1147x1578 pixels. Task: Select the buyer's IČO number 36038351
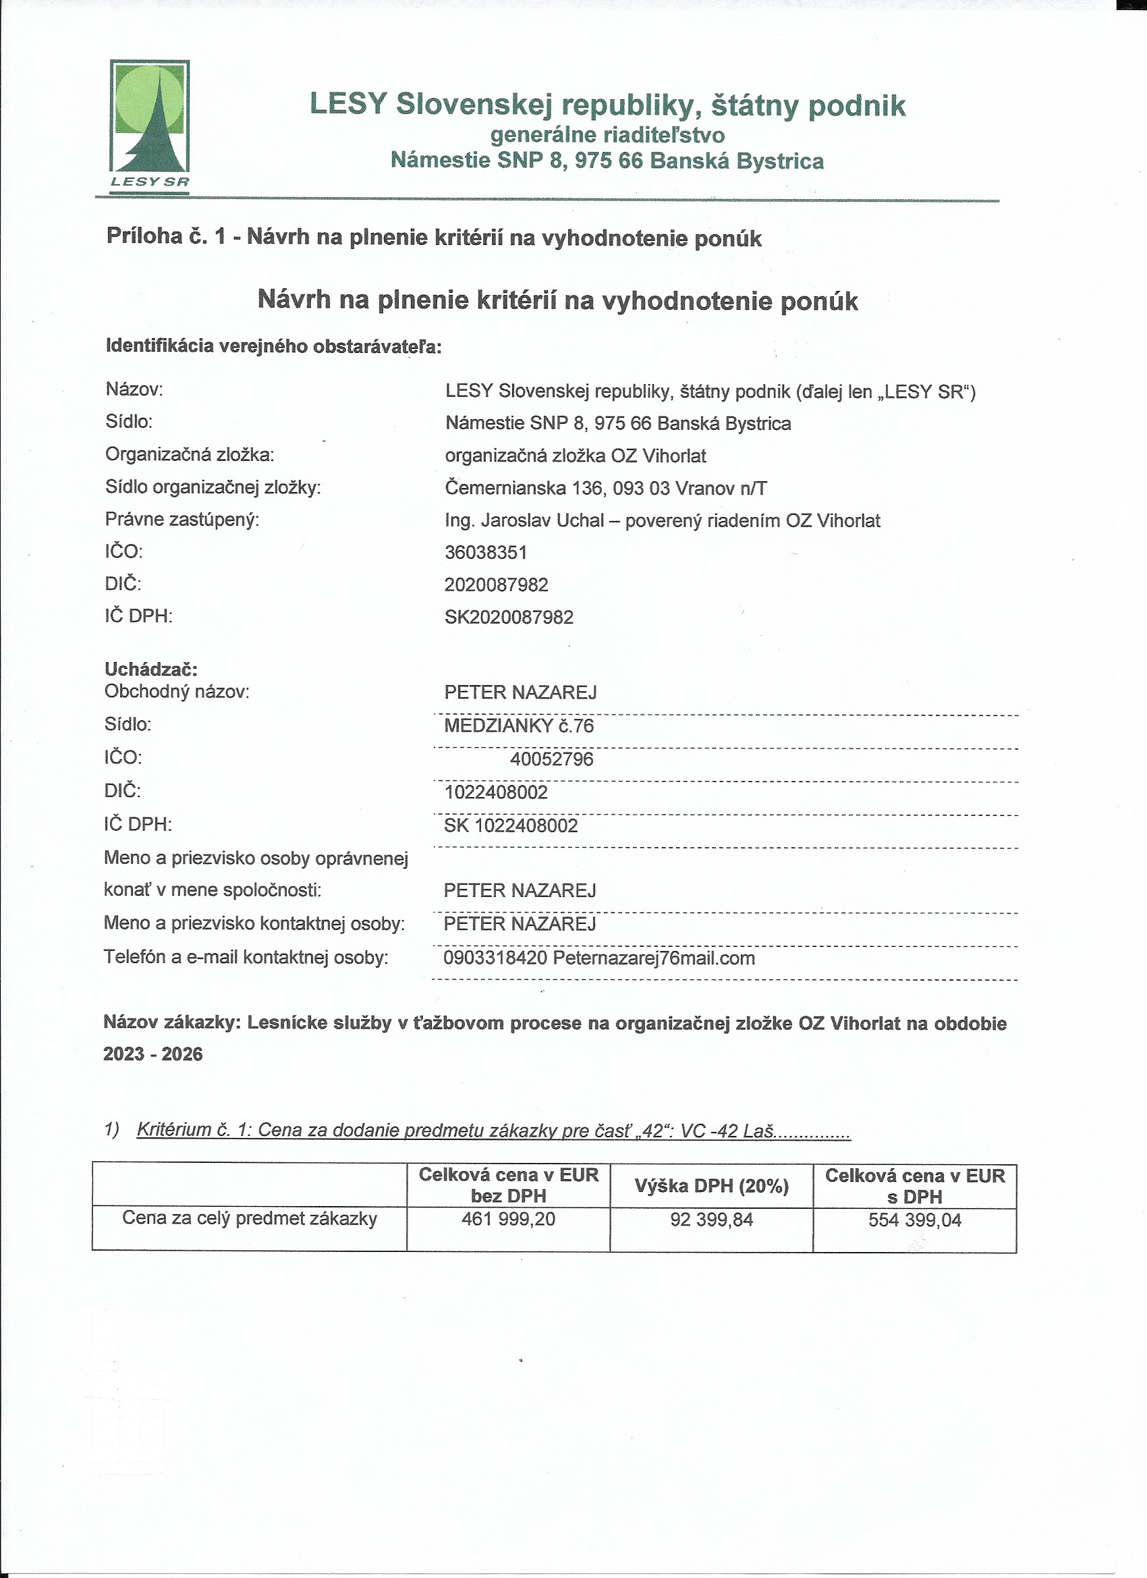[x=486, y=553]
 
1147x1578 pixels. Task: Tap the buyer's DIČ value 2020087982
[x=496, y=584]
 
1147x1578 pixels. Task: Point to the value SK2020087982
[x=509, y=617]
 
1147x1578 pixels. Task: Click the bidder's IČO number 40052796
[x=552, y=759]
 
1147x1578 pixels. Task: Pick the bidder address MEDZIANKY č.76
[x=518, y=726]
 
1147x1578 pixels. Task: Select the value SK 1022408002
[x=511, y=825]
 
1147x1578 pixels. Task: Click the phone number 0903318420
[x=495, y=958]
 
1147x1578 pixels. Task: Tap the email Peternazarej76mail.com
[x=654, y=958]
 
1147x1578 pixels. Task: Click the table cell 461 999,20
[x=509, y=1219]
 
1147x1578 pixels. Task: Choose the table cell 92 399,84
[x=712, y=1220]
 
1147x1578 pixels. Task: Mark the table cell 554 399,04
[x=915, y=1220]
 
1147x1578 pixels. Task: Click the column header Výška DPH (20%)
[x=712, y=1186]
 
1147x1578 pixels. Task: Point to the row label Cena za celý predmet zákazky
[x=250, y=1218]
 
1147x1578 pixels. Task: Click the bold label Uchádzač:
[x=151, y=669]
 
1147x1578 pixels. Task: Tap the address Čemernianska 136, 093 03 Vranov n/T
[x=606, y=489]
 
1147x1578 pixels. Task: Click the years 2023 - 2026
[x=153, y=1054]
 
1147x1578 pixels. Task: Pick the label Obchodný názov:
[x=177, y=692]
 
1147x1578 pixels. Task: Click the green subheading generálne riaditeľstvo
[x=607, y=134]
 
